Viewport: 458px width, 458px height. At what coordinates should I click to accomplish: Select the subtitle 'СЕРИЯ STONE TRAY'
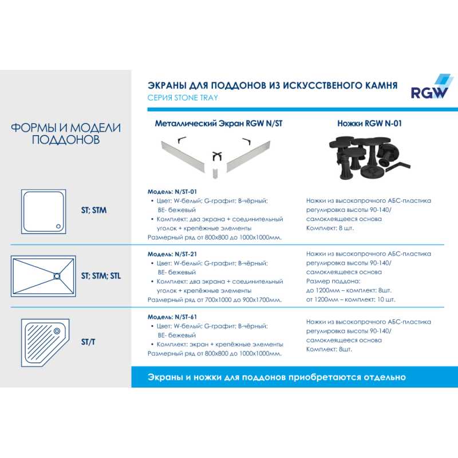tap(183, 98)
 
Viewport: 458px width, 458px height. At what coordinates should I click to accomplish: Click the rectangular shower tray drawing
tap(44, 276)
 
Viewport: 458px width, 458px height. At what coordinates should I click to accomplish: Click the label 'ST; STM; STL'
tap(101, 276)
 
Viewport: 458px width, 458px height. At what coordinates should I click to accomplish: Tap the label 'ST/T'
tap(89, 342)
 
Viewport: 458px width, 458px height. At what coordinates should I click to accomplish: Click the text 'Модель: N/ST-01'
tap(172, 191)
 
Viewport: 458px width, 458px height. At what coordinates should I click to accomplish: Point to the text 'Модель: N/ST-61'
tap(172, 316)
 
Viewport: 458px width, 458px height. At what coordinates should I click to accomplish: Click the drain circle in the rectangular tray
tap(57, 276)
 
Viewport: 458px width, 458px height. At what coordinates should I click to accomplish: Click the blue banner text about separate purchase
tap(277, 377)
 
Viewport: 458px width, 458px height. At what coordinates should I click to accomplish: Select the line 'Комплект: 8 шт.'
tap(330, 228)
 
